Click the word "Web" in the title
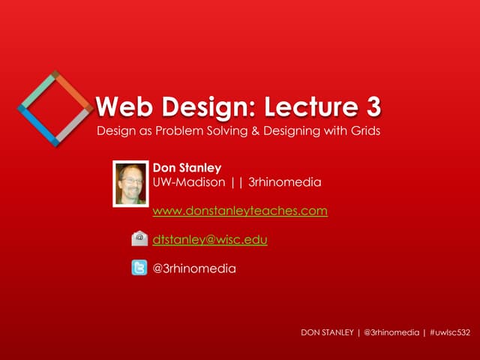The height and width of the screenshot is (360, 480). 124,108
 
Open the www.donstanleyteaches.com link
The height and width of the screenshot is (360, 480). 240,211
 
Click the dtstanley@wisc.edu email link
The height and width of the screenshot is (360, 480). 210,239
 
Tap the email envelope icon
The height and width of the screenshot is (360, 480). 139,239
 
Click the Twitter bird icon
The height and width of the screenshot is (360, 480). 139,268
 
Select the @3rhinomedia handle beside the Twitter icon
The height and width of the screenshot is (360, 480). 194,268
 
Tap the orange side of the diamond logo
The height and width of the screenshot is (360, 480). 73,90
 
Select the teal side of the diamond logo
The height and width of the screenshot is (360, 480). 37,91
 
